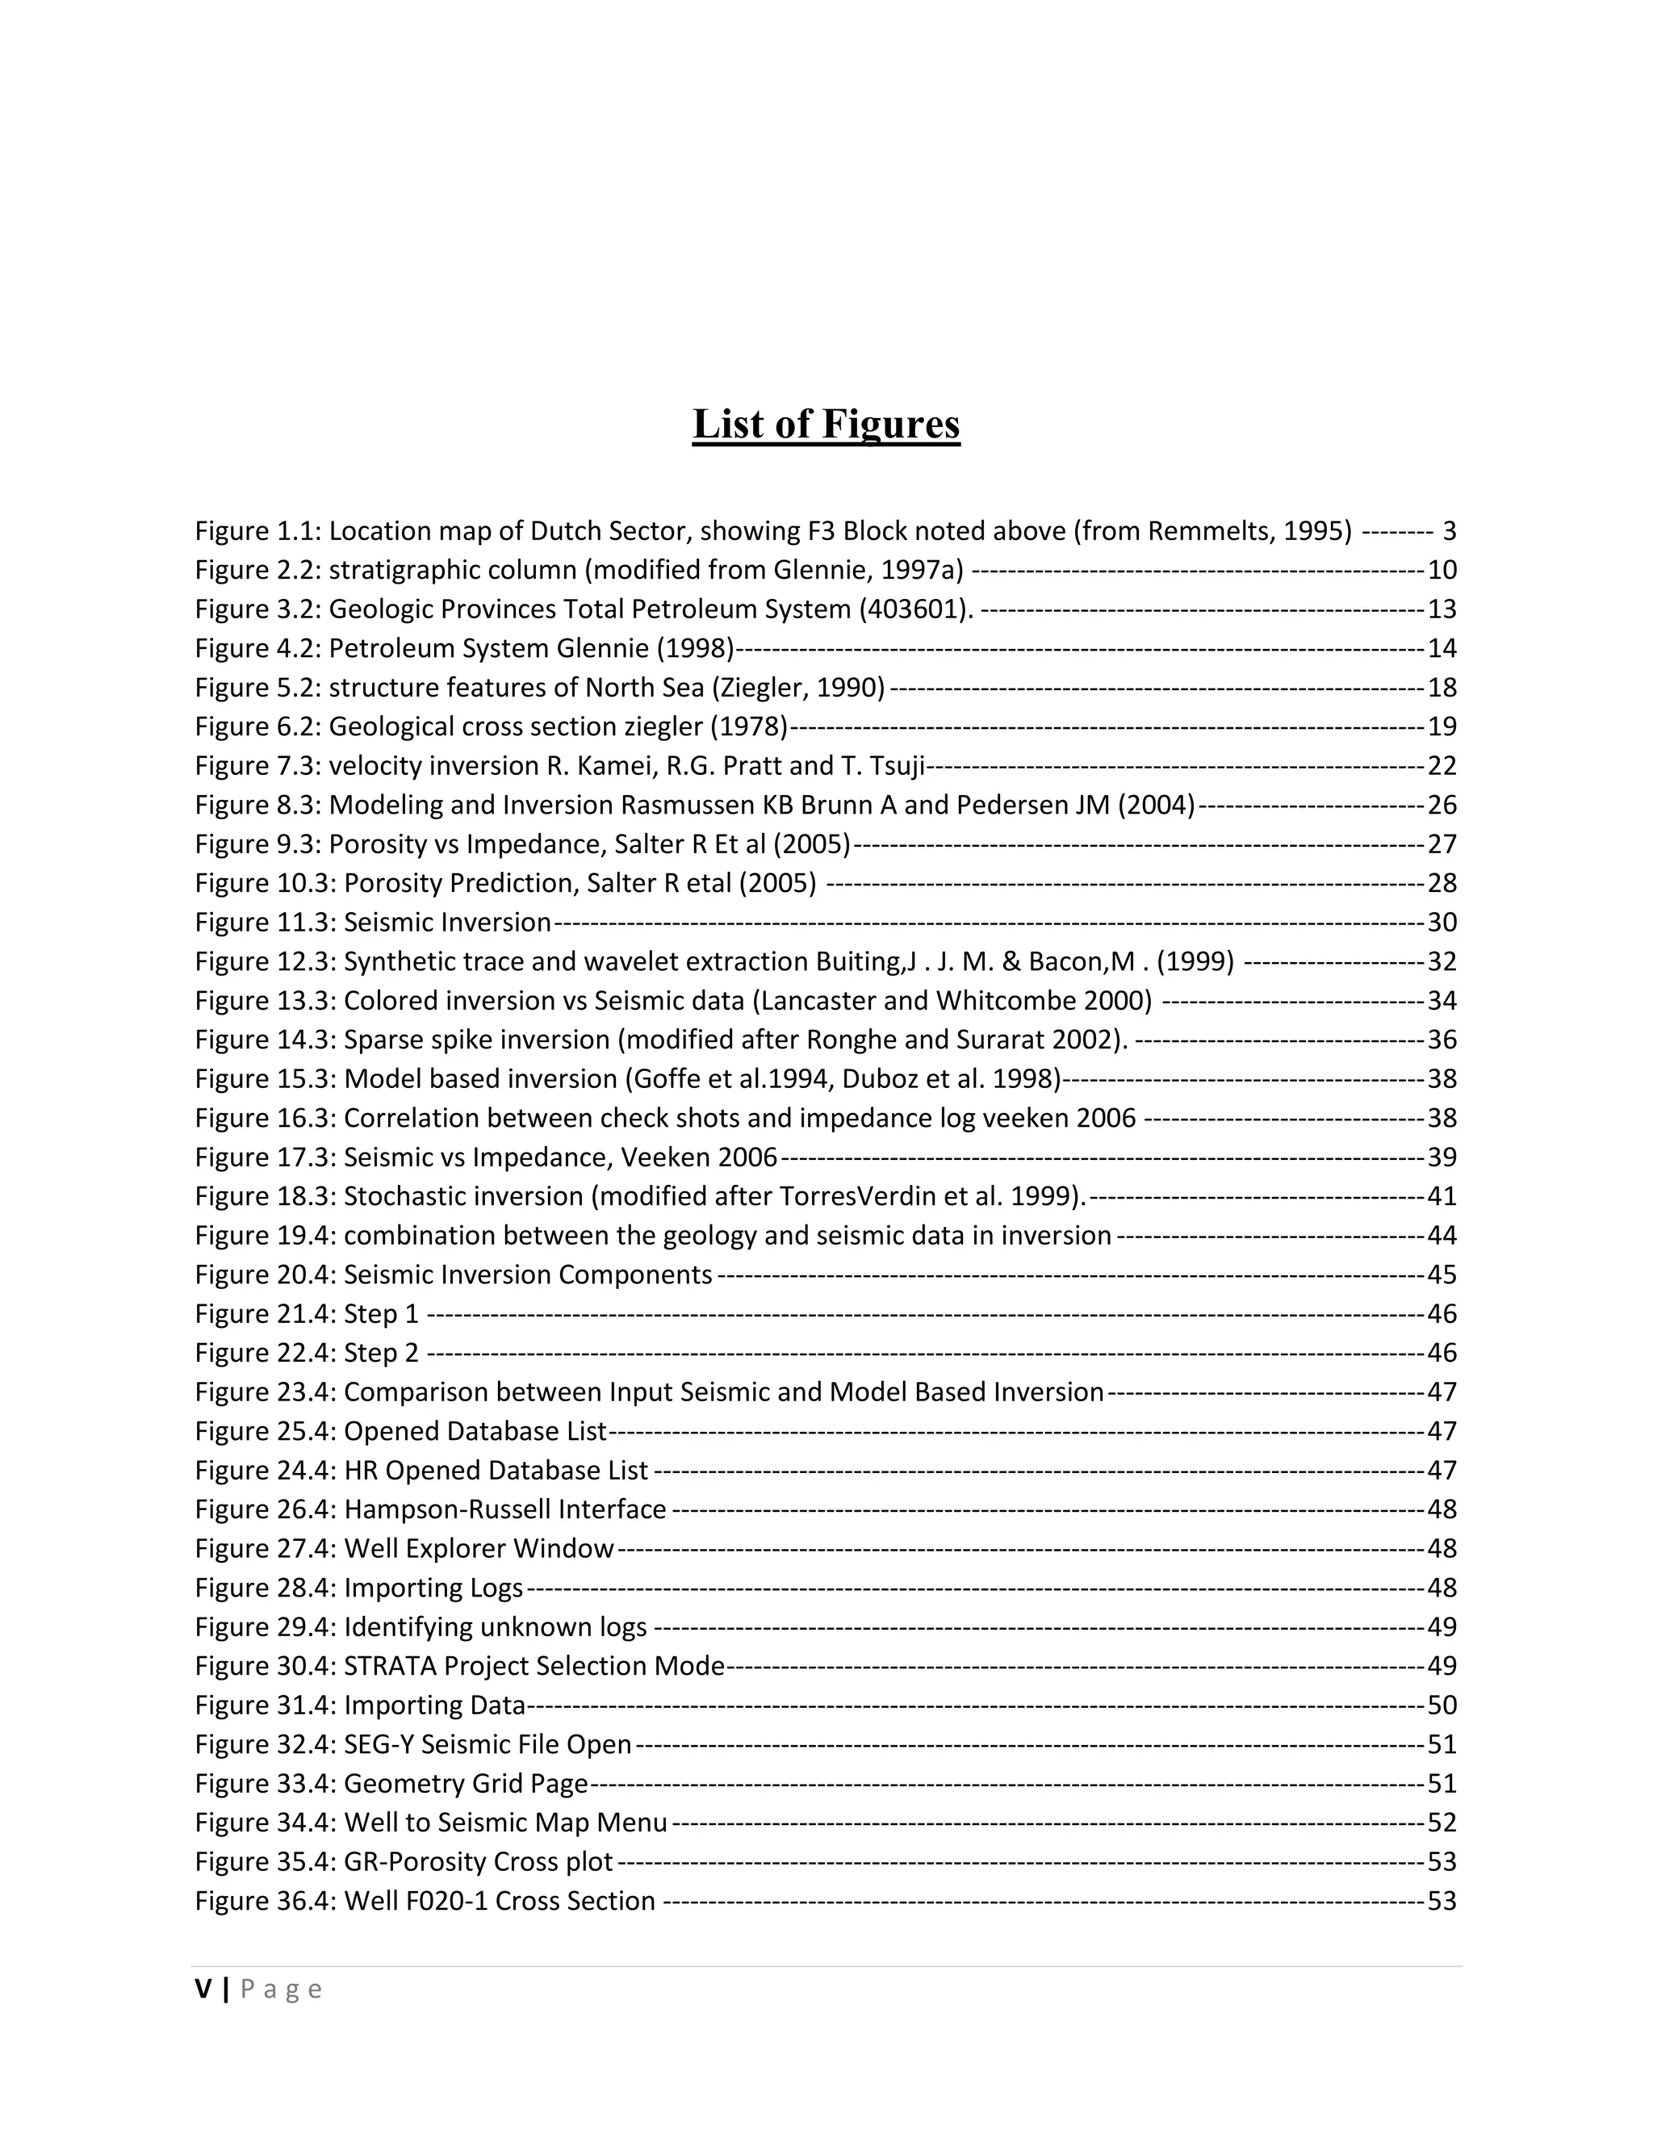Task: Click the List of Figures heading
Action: [x=826, y=424]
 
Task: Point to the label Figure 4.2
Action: [x=257, y=648]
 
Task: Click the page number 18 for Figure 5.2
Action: [x=1442, y=688]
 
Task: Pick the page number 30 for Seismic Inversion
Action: [x=1442, y=923]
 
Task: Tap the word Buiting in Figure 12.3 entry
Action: [x=859, y=962]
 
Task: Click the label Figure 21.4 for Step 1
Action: [x=265, y=1314]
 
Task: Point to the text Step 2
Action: [x=381, y=1354]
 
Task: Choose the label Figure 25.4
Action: [x=265, y=1432]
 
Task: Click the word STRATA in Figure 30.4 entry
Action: [x=389, y=1667]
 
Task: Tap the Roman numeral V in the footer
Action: [x=203, y=1989]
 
